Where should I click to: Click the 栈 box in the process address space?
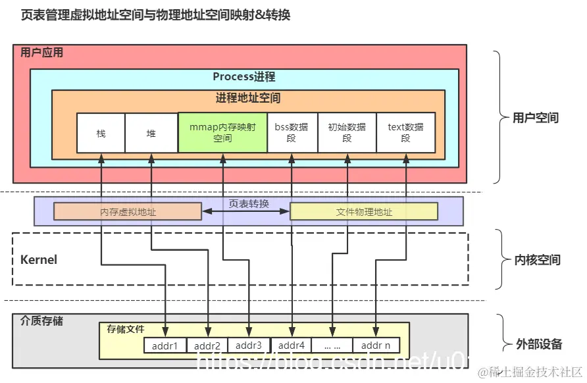(x=101, y=134)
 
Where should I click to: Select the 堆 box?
(x=151, y=134)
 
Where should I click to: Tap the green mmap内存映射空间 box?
(x=222, y=133)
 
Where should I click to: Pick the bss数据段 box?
(x=292, y=133)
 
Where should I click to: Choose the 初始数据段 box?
(x=347, y=133)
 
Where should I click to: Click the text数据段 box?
(x=405, y=133)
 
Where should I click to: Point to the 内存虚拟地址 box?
(x=128, y=212)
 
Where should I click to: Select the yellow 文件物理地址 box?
(x=364, y=212)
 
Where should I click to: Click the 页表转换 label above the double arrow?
(x=249, y=204)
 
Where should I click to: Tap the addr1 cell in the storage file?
(x=165, y=345)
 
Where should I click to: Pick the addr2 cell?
(x=207, y=345)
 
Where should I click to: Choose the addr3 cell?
(x=249, y=345)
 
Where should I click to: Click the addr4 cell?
(x=291, y=345)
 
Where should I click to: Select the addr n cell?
(x=376, y=345)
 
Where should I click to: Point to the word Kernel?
(x=39, y=259)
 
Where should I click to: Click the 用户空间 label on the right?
(x=536, y=118)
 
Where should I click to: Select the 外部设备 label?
(x=538, y=344)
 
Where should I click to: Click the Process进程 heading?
(x=244, y=77)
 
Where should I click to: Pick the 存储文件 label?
(x=126, y=329)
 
